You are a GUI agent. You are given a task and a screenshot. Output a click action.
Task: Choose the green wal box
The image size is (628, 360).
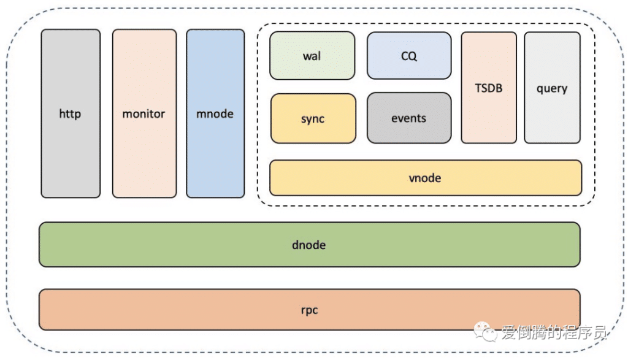pos(312,56)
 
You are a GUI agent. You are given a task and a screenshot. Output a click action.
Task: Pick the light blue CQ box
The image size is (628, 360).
pos(409,56)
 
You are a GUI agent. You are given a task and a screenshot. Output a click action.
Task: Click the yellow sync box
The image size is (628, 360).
pos(313,118)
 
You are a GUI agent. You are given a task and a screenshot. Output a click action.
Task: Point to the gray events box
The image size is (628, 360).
pos(409,118)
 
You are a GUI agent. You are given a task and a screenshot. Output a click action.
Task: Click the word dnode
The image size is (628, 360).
pos(309,245)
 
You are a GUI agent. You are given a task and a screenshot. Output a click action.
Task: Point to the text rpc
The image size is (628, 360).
pos(310,310)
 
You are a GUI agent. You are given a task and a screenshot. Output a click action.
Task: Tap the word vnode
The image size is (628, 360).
pos(425,178)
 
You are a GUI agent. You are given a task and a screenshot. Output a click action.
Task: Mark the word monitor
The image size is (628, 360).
pos(144,113)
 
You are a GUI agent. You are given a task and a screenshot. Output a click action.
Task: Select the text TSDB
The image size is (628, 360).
pos(489,88)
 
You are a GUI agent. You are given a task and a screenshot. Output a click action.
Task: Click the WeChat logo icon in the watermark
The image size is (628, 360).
pos(489,332)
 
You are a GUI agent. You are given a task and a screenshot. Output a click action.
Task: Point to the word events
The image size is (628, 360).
pos(409,118)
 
